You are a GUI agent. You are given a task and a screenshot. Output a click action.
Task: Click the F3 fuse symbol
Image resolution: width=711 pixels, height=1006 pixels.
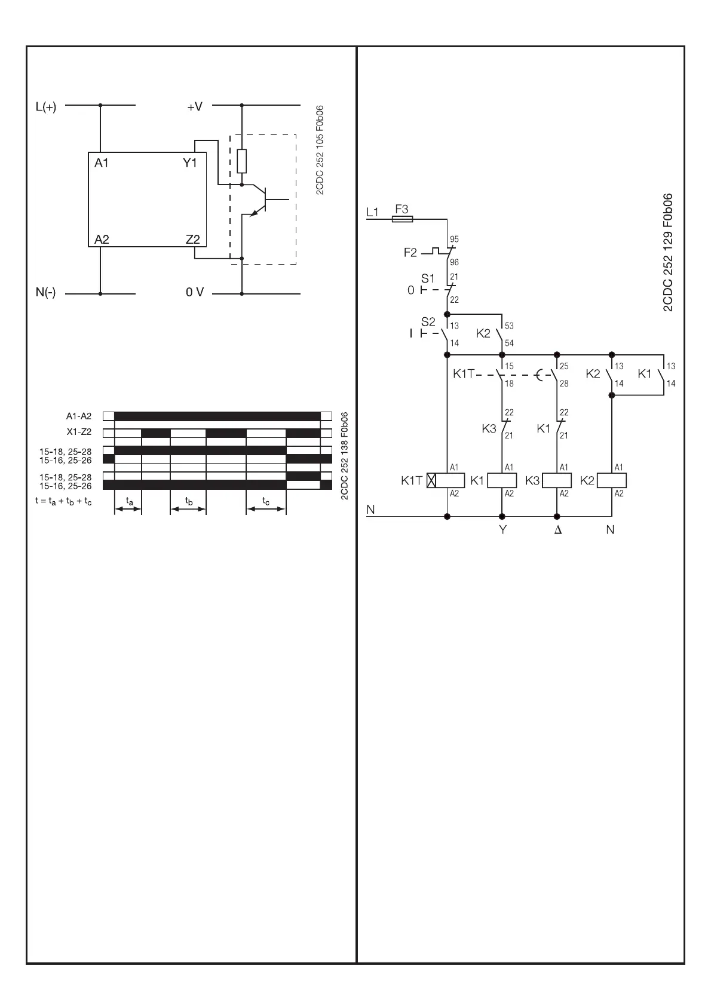tap(401, 219)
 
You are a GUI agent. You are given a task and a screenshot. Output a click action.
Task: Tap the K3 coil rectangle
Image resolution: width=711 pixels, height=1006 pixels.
tap(557, 480)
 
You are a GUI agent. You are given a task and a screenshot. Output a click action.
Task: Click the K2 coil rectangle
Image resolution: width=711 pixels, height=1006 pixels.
tap(612, 480)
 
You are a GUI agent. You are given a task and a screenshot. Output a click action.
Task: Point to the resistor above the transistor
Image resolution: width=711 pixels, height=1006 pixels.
tap(241, 161)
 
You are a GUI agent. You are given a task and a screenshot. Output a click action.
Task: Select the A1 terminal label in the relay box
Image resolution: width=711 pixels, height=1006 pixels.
tap(102, 162)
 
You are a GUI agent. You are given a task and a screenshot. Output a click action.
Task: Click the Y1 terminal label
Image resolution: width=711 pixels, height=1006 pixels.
tap(190, 162)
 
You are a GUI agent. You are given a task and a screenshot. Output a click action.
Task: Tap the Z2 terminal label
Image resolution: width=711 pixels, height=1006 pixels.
tap(192, 240)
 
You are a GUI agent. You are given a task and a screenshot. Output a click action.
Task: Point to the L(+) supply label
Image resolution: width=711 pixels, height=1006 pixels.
tap(46, 108)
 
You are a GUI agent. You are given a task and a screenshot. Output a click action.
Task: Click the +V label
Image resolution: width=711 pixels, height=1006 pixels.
tap(195, 107)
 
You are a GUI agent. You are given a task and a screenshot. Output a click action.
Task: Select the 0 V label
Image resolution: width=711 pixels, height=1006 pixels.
tap(195, 292)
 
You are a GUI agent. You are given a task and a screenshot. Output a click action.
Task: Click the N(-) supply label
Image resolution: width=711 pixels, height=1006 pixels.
tap(45, 293)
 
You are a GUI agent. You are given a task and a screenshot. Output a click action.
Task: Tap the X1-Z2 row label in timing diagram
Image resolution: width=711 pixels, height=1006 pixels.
tap(79, 432)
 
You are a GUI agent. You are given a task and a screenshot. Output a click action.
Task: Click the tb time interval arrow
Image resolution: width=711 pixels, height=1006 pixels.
tap(188, 509)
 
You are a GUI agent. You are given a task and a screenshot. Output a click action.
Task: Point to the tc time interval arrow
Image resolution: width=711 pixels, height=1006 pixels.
tap(266, 509)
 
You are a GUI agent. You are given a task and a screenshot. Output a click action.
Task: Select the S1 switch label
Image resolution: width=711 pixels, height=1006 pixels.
tap(428, 278)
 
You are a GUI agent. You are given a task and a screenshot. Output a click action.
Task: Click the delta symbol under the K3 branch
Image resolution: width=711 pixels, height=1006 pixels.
tap(558, 530)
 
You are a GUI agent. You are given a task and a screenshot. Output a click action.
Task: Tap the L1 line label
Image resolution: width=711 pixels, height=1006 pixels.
tap(372, 212)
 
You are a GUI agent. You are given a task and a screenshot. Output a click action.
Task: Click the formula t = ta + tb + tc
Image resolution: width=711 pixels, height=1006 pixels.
tap(64, 502)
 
